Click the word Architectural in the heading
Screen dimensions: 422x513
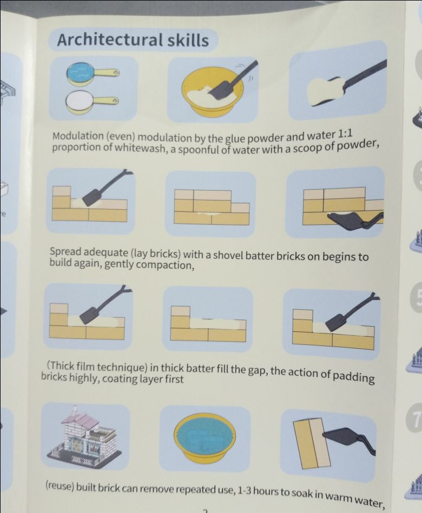(x=110, y=40)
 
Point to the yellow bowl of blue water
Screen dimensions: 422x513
(x=205, y=439)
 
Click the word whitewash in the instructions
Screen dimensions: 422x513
(x=140, y=148)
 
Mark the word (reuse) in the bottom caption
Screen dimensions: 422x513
(x=60, y=486)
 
